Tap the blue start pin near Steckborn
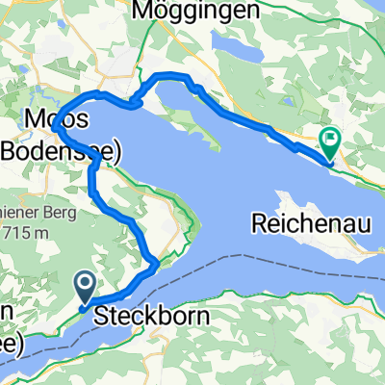coord(85,285)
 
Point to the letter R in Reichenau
coord(259,223)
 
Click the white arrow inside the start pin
coord(85,282)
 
